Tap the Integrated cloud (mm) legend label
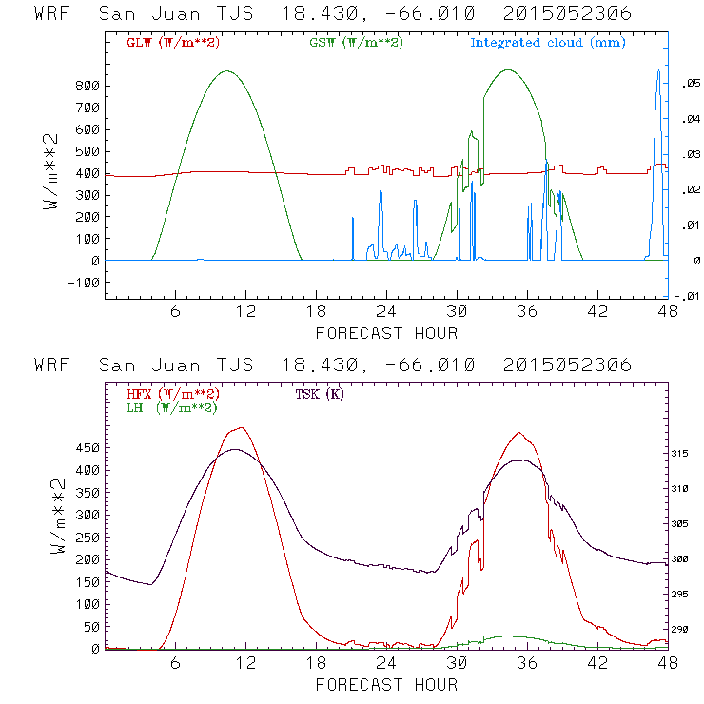pos(548,43)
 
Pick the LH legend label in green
pos(171,407)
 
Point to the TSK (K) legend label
pos(320,394)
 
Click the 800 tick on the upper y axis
pos(87,85)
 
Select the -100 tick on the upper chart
pos(83,282)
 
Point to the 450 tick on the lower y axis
pos(87,447)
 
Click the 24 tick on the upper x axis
pos(386,311)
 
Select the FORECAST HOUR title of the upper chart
pos(386,333)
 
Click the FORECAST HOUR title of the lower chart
pos(386,684)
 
